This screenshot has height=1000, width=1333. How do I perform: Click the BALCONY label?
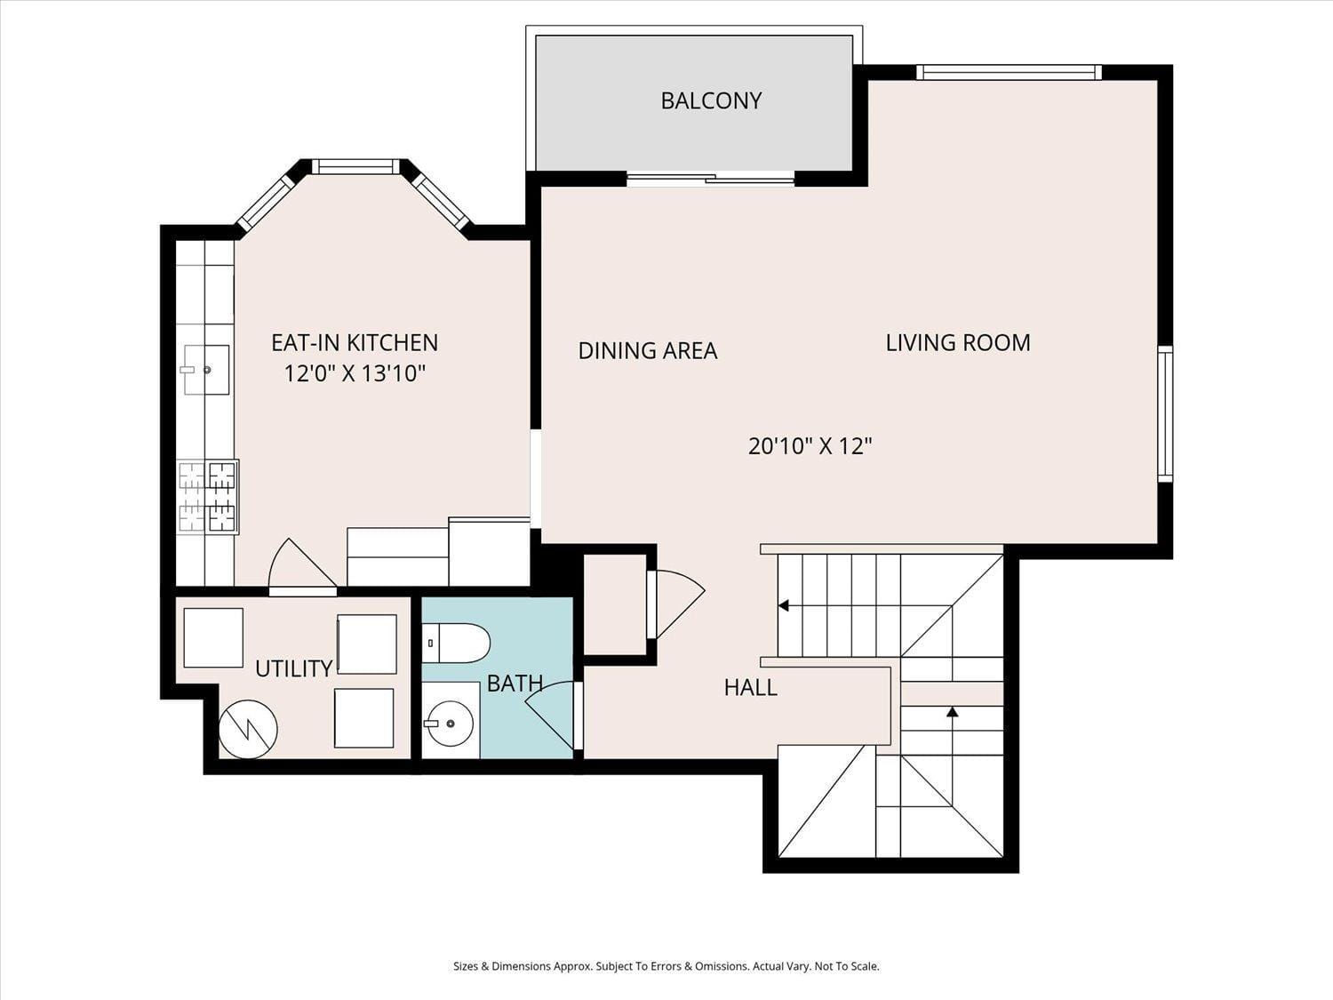click(711, 100)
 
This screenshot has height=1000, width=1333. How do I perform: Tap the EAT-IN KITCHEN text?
click(355, 343)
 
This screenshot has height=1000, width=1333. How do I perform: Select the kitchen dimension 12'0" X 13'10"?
click(355, 373)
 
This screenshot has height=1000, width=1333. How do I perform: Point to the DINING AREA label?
click(647, 350)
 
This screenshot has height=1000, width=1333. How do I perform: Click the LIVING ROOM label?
click(958, 343)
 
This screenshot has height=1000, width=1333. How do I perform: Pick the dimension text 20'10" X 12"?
click(810, 446)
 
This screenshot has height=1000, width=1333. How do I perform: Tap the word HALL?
click(751, 687)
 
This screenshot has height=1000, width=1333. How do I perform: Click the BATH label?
click(515, 684)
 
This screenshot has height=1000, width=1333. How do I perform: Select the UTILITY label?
click(294, 668)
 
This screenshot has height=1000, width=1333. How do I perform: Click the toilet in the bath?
click(456, 643)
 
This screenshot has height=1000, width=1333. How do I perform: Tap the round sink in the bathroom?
click(449, 724)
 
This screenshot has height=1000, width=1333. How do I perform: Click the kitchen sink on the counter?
click(205, 369)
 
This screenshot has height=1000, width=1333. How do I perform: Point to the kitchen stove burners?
click(208, 497)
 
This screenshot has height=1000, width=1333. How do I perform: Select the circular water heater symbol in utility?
click(248, 729)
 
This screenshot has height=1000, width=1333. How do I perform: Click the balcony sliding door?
click(711, 180)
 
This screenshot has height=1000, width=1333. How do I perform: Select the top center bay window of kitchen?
click(355, 166)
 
